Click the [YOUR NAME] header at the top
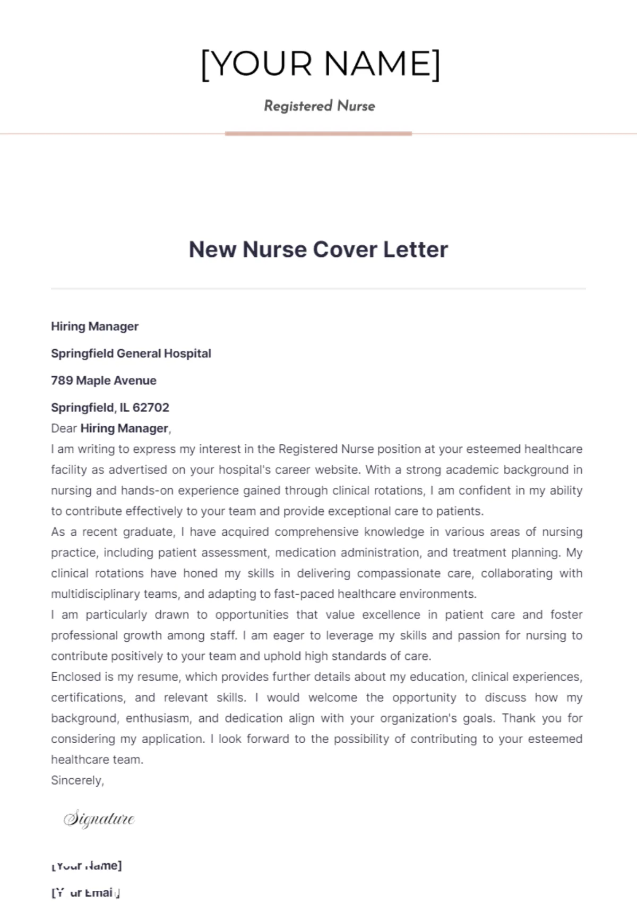pos(320,64)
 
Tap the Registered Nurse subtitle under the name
pos(319,106)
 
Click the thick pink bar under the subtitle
pos(318,134)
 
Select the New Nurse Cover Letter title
pos(318,250)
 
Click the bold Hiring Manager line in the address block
pos(94,326)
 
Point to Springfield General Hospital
pos(131,354)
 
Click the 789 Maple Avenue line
pos(104,381)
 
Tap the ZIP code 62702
pos(151,408)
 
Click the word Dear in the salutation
pos(64,428)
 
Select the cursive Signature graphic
pos(99,819)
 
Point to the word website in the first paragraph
pos(335,470)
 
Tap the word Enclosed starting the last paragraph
pos(75,677)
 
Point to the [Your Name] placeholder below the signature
pos(87,866)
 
